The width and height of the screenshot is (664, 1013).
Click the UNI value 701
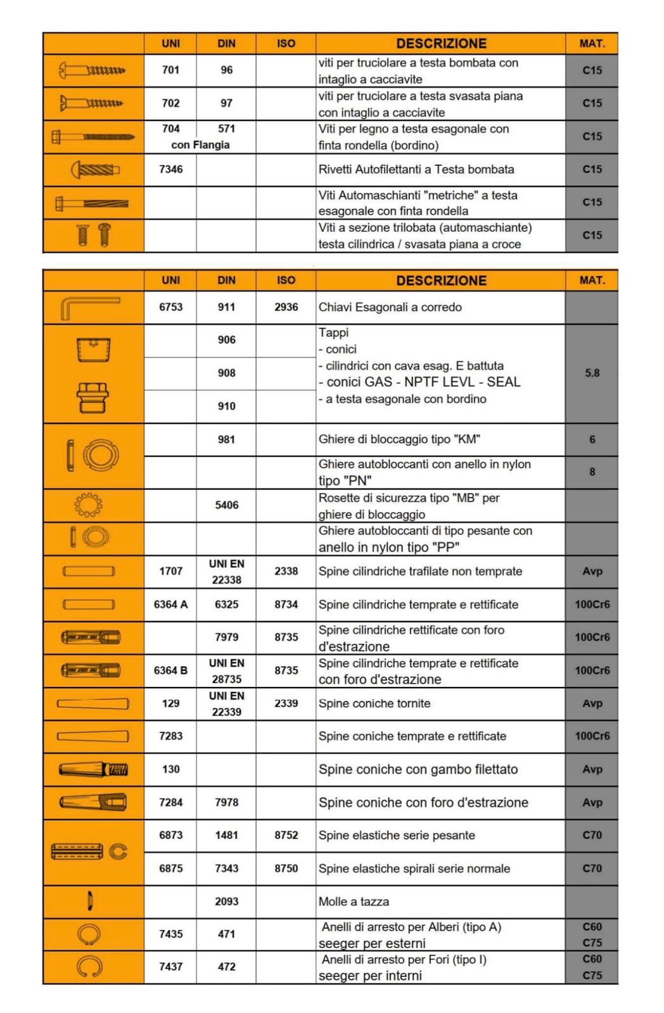click(170, 70)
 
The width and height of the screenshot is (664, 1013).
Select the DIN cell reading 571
click(226, 129)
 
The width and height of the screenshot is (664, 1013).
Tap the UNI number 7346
click(170, 169)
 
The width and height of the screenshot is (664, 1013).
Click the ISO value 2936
click(286, 307)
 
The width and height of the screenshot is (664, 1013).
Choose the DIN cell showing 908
click(226, 373)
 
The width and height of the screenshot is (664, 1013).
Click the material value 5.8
click(592, 373)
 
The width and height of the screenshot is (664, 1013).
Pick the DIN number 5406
click(226, 505)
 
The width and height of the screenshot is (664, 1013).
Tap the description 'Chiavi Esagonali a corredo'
click(390, 307)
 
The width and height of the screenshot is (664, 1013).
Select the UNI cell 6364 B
click(170, 670)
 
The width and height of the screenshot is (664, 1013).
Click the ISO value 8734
click(286, 605)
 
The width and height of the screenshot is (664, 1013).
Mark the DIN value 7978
click(226, 802)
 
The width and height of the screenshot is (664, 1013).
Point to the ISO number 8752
click(286, 835)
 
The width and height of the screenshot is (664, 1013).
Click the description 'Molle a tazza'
click(354, 902)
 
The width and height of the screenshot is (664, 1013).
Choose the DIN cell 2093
click(226, 902)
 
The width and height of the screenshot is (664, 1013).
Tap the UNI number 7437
click(170, 967)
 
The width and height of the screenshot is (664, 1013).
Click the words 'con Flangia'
click(200, 145)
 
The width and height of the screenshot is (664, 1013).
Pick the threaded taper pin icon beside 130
click(94, 770)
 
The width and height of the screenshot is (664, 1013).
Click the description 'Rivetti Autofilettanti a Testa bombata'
click(416, 169)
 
